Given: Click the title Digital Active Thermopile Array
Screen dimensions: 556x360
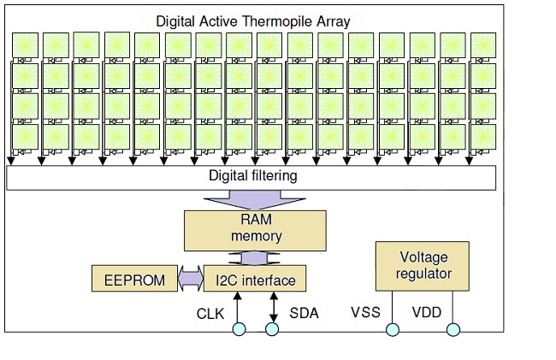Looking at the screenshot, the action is coord(253,21).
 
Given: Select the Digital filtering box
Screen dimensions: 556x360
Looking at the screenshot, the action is coord(251,178).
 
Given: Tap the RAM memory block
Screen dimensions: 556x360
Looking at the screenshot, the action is coord(255,231).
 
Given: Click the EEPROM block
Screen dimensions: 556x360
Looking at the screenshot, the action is coord(135,279).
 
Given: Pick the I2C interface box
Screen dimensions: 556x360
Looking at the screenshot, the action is coord(255,279).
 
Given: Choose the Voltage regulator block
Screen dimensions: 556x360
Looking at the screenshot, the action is coord(423,266).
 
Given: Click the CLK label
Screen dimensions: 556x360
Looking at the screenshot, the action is coord(210,314).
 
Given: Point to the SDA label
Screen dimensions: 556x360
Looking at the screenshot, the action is coord(304,313).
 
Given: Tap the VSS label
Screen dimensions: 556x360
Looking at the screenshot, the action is coord(365,312).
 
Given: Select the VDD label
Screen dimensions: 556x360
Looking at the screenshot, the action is coord(427,312).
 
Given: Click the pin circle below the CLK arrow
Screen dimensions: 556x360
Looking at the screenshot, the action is coord(239,329).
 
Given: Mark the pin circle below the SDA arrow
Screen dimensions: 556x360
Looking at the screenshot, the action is coord(272,329).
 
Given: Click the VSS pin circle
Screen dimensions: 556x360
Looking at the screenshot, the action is coord(392,329).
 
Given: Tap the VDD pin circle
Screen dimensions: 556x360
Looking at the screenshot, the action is coord(453,329).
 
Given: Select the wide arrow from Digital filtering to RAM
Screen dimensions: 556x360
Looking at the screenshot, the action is coord(255,200).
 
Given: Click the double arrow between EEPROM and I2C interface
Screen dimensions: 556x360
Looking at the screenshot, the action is coord(191,279).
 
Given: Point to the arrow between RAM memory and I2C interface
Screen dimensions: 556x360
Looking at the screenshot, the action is coord(255,258).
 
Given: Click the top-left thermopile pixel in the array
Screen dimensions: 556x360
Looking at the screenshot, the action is coord(25,45).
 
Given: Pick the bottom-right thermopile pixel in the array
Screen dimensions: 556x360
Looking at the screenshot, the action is coord(483,137).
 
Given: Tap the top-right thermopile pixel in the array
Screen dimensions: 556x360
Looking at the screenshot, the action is coord(483,45).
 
